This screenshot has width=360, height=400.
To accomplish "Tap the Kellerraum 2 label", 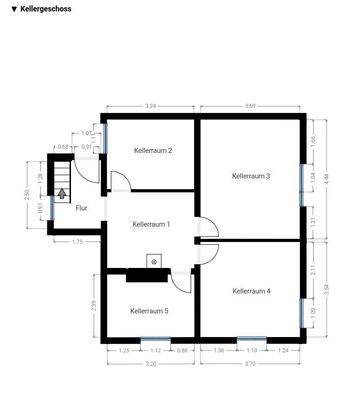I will click(x=153, y=151).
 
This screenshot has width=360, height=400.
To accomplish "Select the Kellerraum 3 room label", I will click(x=251, y=176).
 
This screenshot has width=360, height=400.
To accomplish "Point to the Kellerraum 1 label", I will click(x=151, y=225).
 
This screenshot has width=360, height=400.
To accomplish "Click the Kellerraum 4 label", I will click(x=251, y=291).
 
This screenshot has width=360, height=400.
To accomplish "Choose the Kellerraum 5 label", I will click(x=149, y=311).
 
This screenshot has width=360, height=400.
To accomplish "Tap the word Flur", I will click(x=81, y=208).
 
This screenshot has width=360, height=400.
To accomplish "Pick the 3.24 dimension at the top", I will click(x=150, y=105).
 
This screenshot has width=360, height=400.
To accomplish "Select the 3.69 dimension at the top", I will click(x=250, y=105).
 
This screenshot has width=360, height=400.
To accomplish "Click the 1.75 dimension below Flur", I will click(x=77, y=242).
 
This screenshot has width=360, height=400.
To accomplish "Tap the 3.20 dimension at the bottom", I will click(x=150, y=364).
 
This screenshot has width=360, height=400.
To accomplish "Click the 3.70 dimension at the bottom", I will click(x=251, y=364).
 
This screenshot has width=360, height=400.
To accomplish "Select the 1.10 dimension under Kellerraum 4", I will click(x=252, y=350).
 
